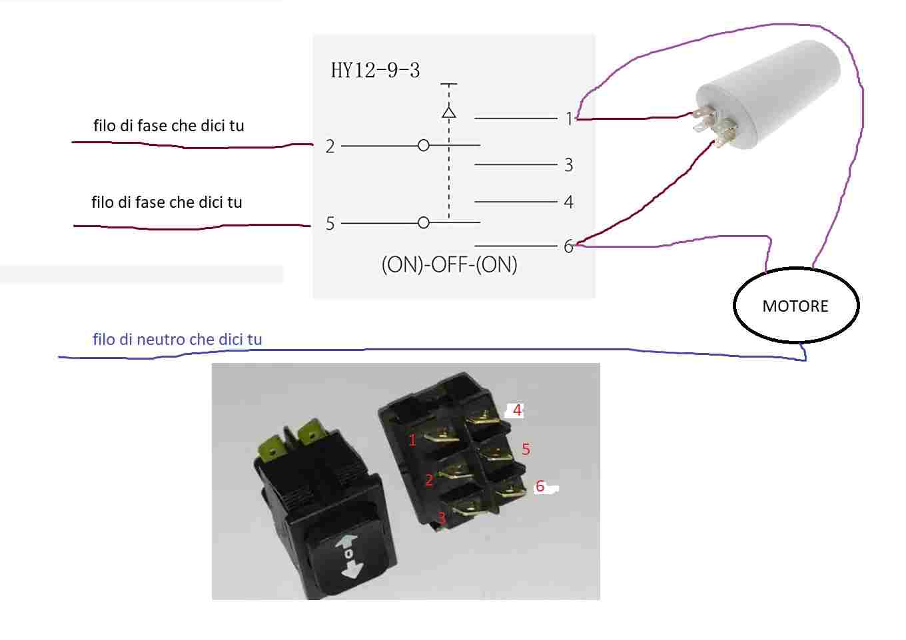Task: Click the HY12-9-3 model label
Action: (x=375, y=71)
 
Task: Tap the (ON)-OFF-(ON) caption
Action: (x=450, y=265)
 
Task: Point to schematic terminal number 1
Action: (x=569, y=119)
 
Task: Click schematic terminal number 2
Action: (x=330, y=147)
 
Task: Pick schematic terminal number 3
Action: (x=569, y=165)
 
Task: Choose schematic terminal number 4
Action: (x=569, y=202)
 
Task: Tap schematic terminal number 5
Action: (x=330, y=224)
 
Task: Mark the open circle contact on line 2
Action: (x=424, y=145)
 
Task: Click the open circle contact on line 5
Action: (x=424, y=222)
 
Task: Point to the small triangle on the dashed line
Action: (x=449, y=112)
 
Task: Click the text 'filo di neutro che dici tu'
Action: (x=177, y=339)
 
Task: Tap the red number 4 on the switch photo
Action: (x=517, y=410)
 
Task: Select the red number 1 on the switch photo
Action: (x=412, y=440)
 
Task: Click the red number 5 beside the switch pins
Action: (x=526, y=449)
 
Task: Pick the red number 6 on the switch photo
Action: (x=540, y=486)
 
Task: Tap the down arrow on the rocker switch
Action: (x=351, y=571)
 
